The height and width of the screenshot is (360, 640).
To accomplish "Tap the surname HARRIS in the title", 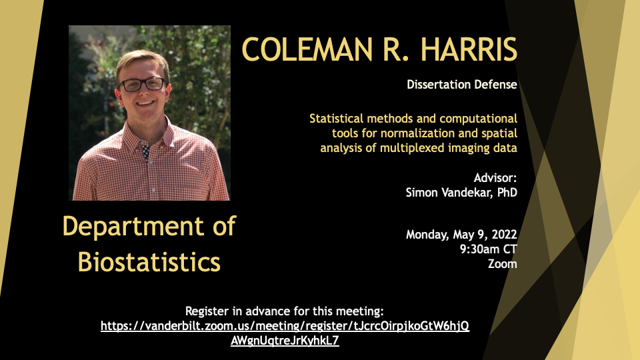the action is point(469,49).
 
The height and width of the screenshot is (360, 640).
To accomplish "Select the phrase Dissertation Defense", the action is point(462,85).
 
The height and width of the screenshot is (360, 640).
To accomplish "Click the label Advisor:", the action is point(495,178).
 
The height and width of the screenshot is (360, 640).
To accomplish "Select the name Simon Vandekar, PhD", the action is point(461,192).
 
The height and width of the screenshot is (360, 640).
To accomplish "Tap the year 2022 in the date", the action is point(504,234).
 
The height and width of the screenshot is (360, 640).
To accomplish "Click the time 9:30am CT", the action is point(489,249).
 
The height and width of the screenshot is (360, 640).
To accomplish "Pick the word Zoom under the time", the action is point(503,264).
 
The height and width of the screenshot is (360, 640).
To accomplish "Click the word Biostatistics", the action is point(149,261).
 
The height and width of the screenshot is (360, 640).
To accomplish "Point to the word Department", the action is point(133,227).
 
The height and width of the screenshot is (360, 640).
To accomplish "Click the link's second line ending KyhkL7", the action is point(285,341).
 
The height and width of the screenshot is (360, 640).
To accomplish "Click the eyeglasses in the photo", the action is point(143,85).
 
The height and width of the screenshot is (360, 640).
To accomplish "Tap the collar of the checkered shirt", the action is point(147,135).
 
